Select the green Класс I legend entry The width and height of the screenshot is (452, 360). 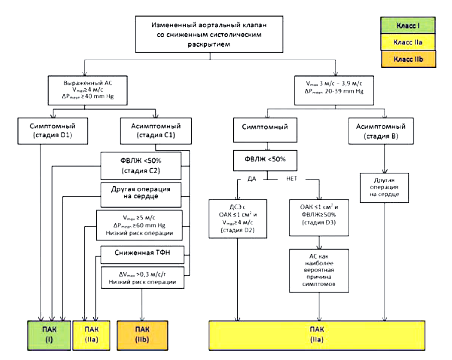pos(408,25)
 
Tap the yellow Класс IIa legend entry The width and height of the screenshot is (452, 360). pos(408,42)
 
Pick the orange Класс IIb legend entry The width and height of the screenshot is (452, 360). pos(408,59)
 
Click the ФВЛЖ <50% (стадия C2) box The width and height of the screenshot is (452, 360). pos(141,166)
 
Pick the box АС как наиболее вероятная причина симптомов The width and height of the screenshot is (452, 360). pos(319,270)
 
